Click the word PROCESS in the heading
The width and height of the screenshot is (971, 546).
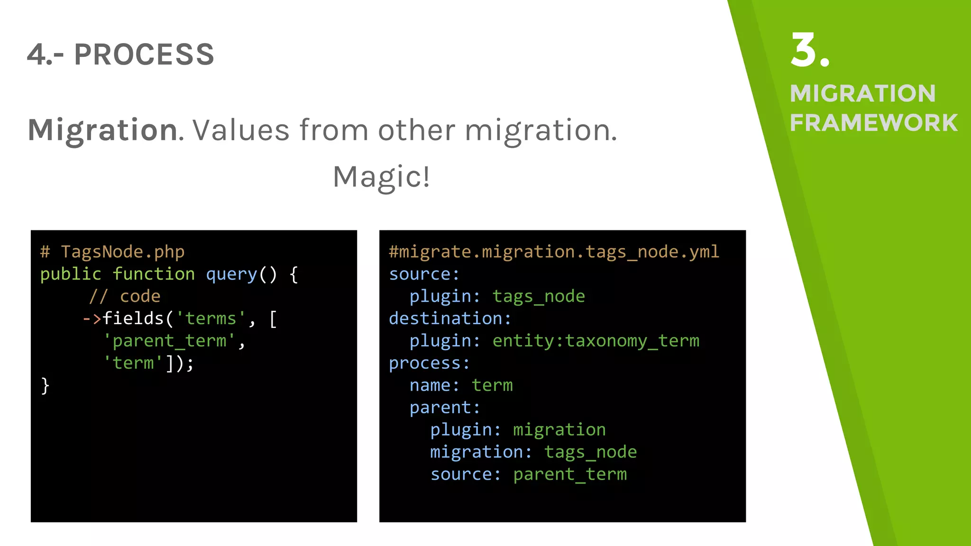pos(144,55)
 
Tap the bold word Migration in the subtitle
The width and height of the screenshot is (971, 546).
pos(103,130)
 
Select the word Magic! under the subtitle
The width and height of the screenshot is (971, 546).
pos(381,177)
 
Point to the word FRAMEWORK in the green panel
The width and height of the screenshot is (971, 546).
pos(873,123)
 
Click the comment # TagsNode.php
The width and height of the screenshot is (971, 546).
pos(112,252)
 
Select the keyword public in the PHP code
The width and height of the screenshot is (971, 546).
pos(71,274)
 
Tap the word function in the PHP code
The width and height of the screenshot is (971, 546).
pos(154,274)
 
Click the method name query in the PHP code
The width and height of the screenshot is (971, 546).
pos(231,274)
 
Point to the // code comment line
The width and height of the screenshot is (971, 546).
pos(125,296)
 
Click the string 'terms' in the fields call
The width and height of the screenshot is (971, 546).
pos(211,318)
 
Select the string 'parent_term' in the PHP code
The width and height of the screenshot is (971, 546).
pos(169,341)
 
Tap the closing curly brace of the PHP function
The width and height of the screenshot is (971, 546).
pos(45,385)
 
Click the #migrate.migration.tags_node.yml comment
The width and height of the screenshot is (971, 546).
pos(554,252)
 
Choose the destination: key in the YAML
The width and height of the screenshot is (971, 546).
pos(450,318)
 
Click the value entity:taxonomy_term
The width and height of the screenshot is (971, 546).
pos(595,341)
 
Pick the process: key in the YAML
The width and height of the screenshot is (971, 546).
pos(429,363)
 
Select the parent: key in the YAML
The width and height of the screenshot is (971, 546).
pos(445,408)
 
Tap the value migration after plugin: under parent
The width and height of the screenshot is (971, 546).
pos(559,430)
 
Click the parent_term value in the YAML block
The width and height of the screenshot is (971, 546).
pos(569,474)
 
